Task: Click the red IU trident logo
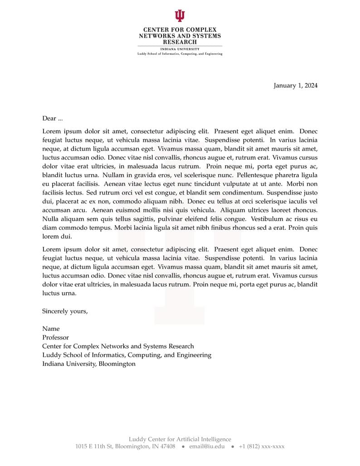tap(180, 16)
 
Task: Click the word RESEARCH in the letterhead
tap(180, 42)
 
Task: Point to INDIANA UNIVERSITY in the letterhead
tap(180, 49)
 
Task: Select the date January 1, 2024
tap(295, 86)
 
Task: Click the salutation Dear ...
tap(49, 118)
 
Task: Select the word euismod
tap(127, 210)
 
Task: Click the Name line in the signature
tap(51, 329)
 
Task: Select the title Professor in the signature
tap(55, 338)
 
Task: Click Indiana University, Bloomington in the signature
tap(89, 364)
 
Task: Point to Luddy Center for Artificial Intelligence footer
tap(180, 439)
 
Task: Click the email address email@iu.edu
tap(207, 447)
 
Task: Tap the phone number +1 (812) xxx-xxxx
tap(262, 447)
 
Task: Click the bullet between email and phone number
tap(232, 447)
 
